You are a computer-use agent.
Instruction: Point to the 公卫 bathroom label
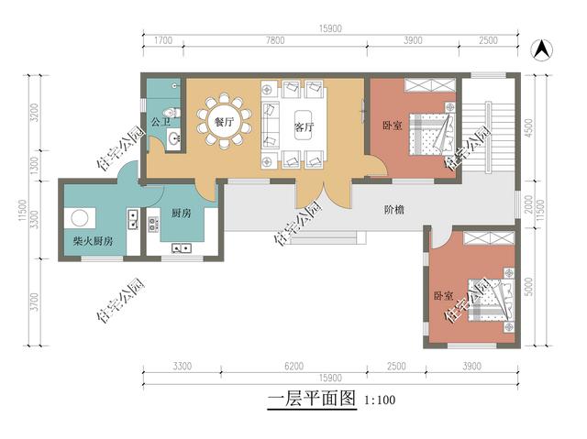(161, 120)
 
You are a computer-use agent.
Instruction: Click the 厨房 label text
(181, 214)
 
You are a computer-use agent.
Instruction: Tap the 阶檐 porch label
(394, 210)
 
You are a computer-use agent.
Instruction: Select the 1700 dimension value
(164, 41)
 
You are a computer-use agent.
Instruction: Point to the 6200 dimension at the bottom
(293, 366)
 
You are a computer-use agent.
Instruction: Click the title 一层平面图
(310, 400)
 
